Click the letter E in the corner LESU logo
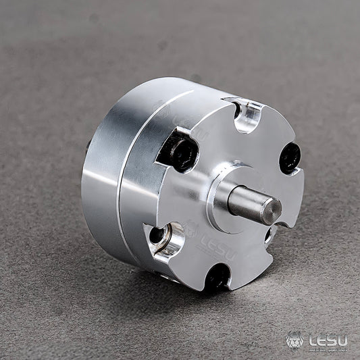click(x=323, y=340)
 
